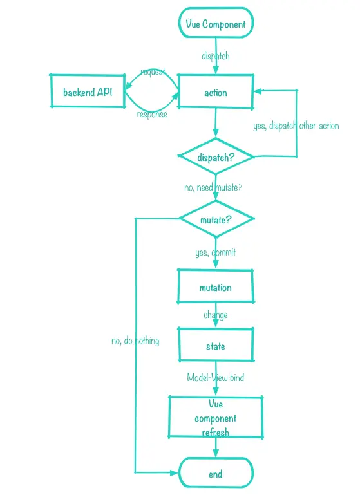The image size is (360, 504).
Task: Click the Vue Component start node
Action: pyautogui.click(x=215, y=24)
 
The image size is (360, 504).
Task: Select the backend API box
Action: pyautogui.click(x=87, y=92)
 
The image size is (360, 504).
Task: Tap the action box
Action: pyautogui.click(x=215, y=92)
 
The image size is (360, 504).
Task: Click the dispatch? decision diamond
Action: pyautogui.click(x=215, y=156)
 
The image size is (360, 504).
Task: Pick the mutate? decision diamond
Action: pyautogui.click(x=215, y=219)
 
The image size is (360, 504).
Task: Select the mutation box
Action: pyautogui.click(x=215, y=287)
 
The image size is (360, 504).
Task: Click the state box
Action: pyautogui.click(x=215, y=346)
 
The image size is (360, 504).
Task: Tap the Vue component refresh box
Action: pyautogui.click(x=215, y=418)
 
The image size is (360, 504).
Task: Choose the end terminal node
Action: pyautogui.click(x=215, y=474)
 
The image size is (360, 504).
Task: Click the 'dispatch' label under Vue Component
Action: pyautogui.click(x=215, y=56)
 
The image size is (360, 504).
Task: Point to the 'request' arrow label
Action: pyautogui.click(x=153, y=71)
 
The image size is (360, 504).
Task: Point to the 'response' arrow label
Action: pyautogui.click(x=152, y=114)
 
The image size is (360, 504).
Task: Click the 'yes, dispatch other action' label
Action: pyautogui.click(x=296, y=126)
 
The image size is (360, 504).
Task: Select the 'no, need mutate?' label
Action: pyautogui.click(x=213, y=187)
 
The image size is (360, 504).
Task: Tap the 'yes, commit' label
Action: pyautogui.click(x=215, y=252)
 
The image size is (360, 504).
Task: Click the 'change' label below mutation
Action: pyautogui.click(x=215, y=315)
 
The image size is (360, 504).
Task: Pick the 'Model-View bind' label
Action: pyautogui.click(x=215, y=377)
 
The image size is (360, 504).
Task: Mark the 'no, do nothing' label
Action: pyautogui.click(x=135, y=341)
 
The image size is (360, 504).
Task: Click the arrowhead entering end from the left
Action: pyautogui.click(x=173, y=473)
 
